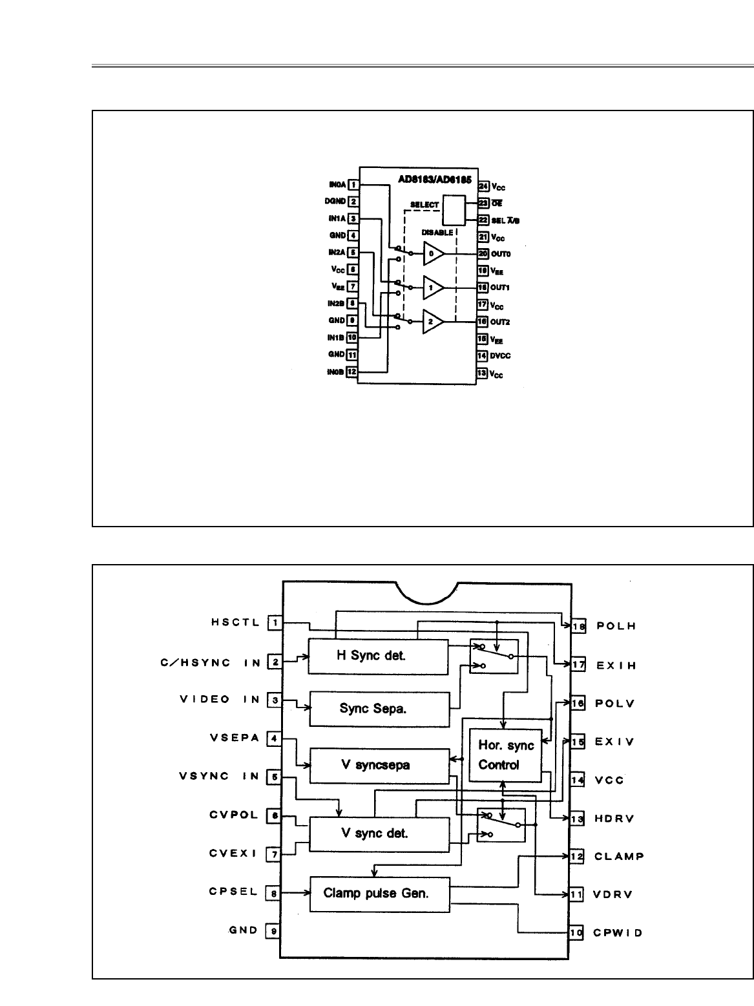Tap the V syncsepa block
(x=379, y=766)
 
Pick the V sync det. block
(x=379, y=834)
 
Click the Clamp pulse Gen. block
(x=379, y=894)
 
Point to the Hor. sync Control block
(x=505, y=755)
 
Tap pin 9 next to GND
(x=275, y=931)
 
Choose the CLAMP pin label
(x=619, y=857)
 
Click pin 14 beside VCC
(x=577, y=781)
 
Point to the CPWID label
(x=618, y=933)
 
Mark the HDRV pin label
(x=614, y=819)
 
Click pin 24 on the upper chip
(x=483, y=186)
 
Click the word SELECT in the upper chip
(x=424, y=205)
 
